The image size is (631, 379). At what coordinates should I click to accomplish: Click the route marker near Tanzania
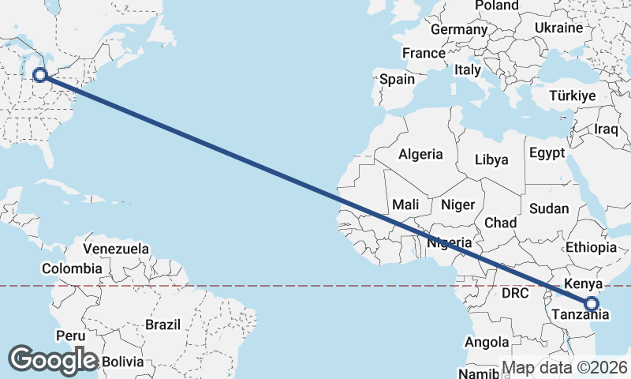[592, 302]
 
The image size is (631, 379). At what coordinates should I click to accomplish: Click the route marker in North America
[40, 76]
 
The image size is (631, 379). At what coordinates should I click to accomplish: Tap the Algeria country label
[420, 155]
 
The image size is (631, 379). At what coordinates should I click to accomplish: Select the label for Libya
[491, 159]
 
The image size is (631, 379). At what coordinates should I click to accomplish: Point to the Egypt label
[548, 152]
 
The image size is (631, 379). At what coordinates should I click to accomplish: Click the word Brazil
[162, 324]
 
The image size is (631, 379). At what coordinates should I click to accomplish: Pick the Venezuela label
[116, 249]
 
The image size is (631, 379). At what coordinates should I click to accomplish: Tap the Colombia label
[72, 268]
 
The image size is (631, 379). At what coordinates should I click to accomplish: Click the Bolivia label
[122, 362]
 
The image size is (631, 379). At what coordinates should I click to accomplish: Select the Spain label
[397, 79]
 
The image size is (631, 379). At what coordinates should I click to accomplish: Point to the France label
[424, 53]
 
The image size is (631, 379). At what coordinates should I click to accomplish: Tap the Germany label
[459, 29]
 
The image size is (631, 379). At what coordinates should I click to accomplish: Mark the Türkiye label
[572, 96]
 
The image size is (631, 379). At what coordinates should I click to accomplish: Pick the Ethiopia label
[591, 247]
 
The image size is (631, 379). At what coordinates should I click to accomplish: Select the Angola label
[487, 342]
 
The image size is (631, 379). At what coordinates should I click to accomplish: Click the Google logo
[53, 360]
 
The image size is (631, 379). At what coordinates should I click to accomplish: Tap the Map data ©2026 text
[565, 368]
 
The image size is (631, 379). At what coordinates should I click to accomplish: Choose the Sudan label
[548, 208]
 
